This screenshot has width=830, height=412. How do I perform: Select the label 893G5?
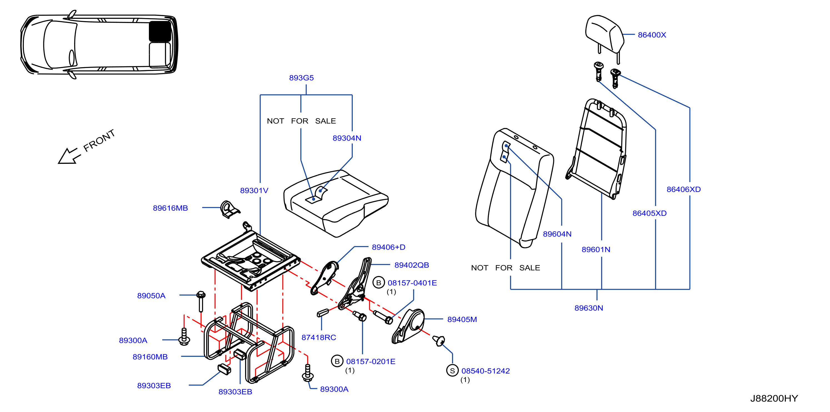pyautogui.click(x=301, y=78)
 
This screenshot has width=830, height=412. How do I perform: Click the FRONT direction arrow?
pyautogui.click(x=69, y=156)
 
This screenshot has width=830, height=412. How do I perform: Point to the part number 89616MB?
pyautogui.click(x=170, y=208)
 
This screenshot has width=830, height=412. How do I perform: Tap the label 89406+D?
pyautogui.click(x=388, y=247)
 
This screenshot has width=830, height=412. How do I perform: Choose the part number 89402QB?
pyautogui.click(x=411, y=265)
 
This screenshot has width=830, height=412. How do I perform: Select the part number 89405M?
pyautogui.click(x=462, y=320)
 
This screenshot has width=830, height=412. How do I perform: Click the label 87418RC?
pyautogui.click(x=318, y=337)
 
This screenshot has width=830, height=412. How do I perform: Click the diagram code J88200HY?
pyautogui.click(x=774, y=398)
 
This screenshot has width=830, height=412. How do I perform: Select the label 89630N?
pyautogui.click(x=588, y=308)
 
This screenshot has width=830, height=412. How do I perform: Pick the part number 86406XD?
pyautogui.click(x=683, y=189)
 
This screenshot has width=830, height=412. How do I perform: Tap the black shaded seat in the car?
pyautogui.click(x=160, y=31)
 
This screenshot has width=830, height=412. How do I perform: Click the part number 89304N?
pyautogui.click(x=347, y=138)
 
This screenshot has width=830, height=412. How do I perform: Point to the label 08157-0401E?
pyautogui.click(x=412, y=283)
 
